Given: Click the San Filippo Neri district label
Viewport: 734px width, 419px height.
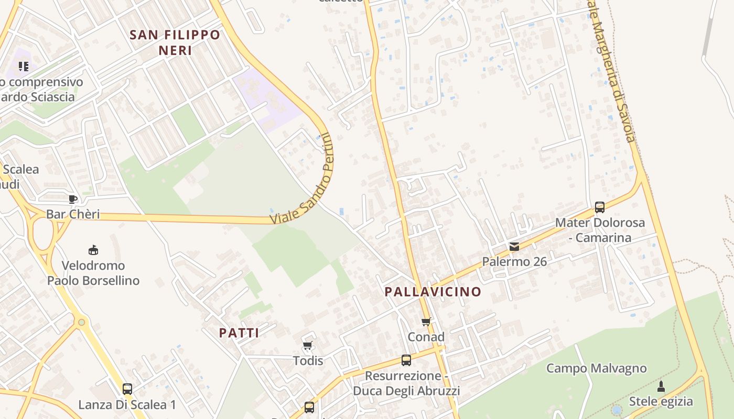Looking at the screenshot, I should click(x=175, y=42).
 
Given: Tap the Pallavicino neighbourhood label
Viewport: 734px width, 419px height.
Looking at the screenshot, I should click(x=433, y=292).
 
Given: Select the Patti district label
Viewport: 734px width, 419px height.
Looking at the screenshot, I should click(x=239, y=333).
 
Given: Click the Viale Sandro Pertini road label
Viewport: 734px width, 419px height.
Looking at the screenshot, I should click(x=303, y=180).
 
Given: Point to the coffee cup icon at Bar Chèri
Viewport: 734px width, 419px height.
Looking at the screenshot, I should click(x=73, y=199).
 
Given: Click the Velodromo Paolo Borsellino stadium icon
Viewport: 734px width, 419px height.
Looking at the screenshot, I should click(x=93, y=250).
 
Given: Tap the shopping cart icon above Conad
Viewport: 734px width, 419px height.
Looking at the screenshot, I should click(x=426, y=322).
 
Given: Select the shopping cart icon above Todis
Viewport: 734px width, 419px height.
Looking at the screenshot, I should click(x=308, y=345).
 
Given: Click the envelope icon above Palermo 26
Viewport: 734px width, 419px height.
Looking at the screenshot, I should click(x=514, y=246).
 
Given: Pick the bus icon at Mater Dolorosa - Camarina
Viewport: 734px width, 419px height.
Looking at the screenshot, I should click(x=600, y=207).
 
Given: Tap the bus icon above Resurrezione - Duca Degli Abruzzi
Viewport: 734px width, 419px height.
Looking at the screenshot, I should click(x=406, y=360).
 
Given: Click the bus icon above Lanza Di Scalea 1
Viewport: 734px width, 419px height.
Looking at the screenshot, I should click(x=127, y=389).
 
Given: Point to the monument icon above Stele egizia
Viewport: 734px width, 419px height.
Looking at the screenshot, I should click(x=661, y=387).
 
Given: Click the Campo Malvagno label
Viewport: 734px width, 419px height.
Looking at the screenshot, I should click(x=596, y=368).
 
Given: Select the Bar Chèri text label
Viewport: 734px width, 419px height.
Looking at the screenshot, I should click(x=73, y=214).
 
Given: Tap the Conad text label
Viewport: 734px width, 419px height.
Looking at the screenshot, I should click(x=426, y=337).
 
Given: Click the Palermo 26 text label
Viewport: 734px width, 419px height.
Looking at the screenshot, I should click(x=514, y=261).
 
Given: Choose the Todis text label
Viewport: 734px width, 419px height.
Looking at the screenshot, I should click(x=308, y=360).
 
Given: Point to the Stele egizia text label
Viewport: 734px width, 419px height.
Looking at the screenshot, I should click(x=661, y=402).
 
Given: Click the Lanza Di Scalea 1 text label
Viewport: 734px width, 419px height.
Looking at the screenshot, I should click(x=127, y=404).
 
